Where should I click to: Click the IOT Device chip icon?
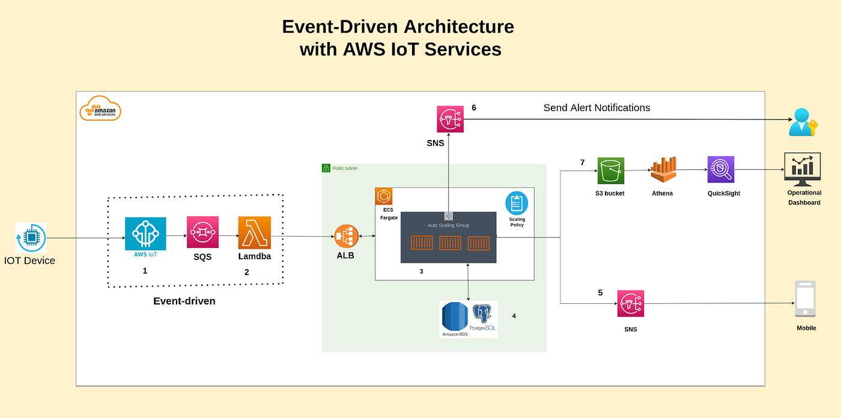click(31, 238)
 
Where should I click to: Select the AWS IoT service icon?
click(145, 234)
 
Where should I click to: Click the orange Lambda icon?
click(255, 233)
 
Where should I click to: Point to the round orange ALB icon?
click(347, 237)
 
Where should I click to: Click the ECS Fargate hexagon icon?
click(384, 196)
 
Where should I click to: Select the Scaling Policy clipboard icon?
click(516, 203)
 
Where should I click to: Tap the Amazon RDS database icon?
click(454, 317)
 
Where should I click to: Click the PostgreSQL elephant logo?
click(482, 315)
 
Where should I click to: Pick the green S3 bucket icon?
click(611, 171)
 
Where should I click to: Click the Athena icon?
click(663, 171)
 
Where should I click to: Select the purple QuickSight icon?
click(721, 170)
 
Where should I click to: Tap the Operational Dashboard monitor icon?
click(803, 169)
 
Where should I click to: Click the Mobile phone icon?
click(805, 299)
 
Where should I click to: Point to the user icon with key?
click(803, 123)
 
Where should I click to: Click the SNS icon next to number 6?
click(450, 119)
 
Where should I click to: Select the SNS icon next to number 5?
click(631, 304)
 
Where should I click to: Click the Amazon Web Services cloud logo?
click(100, 109)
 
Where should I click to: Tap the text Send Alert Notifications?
click(597, 108)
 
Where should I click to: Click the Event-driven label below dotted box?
click(184, 301)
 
